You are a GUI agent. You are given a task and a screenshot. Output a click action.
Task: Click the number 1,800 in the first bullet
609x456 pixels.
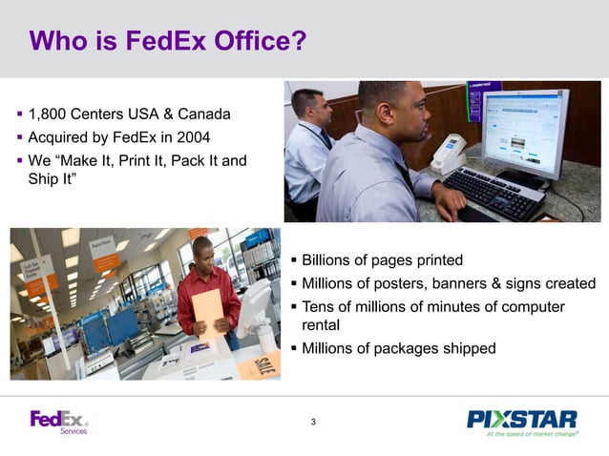pos(50,115)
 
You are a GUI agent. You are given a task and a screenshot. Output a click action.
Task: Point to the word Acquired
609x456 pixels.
pos(60,137)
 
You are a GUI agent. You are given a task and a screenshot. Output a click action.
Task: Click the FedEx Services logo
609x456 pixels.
pos(59,422)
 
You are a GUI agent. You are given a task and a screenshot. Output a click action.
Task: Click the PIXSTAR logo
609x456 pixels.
pos(521,418)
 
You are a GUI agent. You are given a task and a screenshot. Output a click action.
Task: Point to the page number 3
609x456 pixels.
pos(313,423)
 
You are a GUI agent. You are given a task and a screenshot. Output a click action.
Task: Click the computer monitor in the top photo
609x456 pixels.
pos(524,133)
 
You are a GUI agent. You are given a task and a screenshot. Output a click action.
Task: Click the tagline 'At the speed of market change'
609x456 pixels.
pos(532,434)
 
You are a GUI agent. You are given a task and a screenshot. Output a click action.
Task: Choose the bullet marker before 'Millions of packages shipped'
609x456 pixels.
pos(293,348)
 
